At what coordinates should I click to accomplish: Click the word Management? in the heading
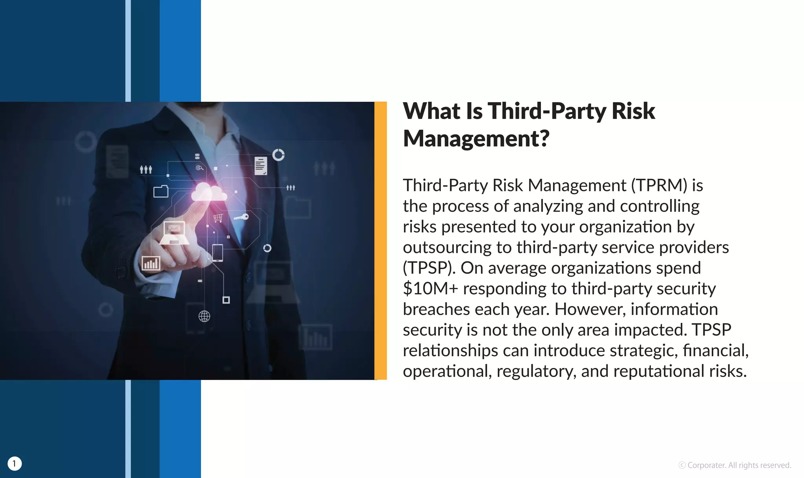click(476, 139)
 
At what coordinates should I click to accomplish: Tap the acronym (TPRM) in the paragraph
click(659, 185)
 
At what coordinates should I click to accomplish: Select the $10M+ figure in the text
click(430, 289)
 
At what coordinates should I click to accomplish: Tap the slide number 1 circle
click(15, 463)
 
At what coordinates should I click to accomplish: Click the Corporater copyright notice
click(735, 465)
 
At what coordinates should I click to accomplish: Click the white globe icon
click(204, 316)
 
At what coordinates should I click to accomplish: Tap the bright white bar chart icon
click(151, 263)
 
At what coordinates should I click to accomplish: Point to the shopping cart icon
click(218, 218)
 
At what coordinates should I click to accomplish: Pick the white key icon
click(241, 217)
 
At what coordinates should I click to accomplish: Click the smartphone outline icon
click(217, 253)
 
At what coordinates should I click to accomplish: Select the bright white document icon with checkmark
click(261, 166)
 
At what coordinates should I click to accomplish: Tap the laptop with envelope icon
click(174, 233)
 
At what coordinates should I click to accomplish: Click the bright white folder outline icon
click(161, 191)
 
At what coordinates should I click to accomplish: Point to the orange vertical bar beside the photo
click(380, 240)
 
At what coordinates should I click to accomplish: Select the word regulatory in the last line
click(536, 371)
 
